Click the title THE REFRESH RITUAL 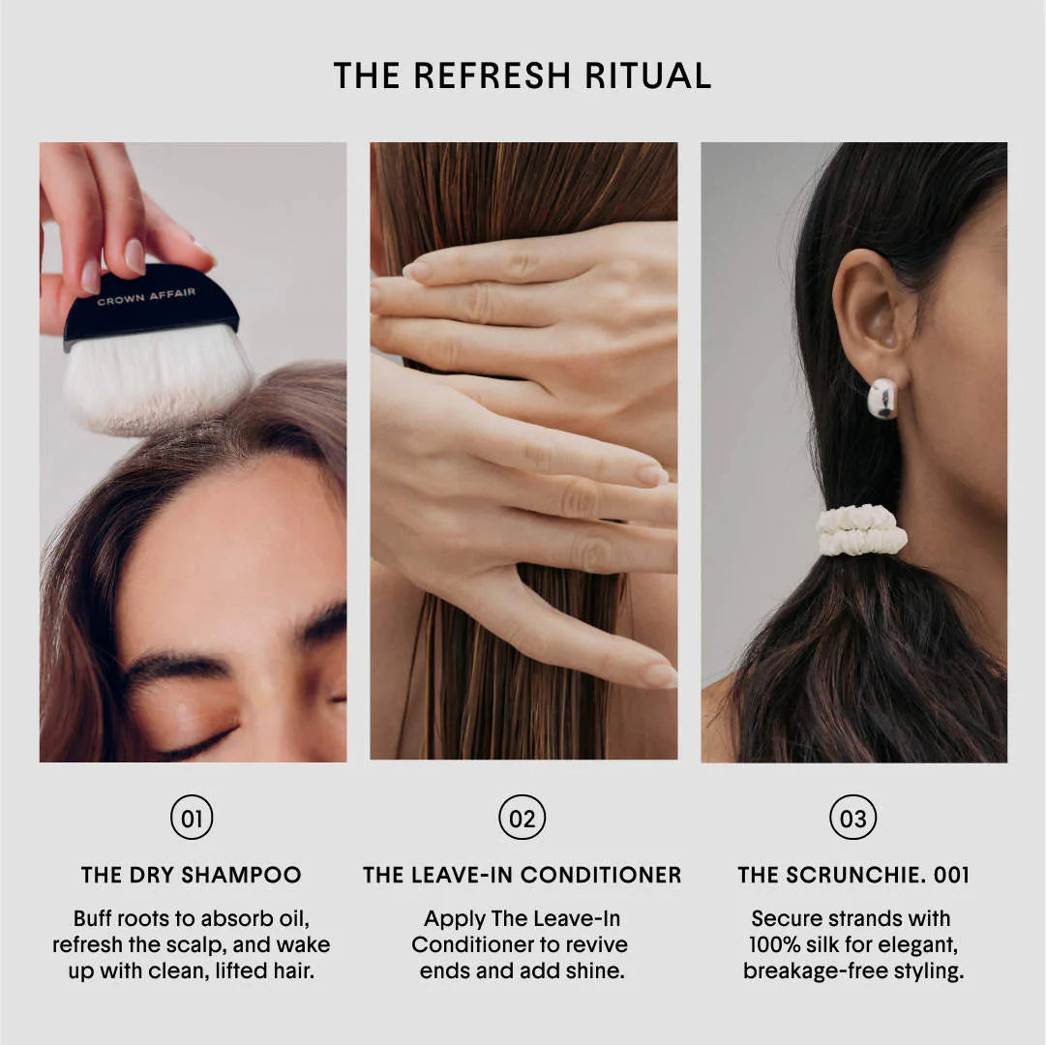tap(523, 75)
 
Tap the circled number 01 tap(192, 819)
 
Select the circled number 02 tap(523, 819)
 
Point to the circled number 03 tap(853, 819)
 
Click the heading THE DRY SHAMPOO tap(192, 876)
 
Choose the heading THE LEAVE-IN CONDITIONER tap(523, 876)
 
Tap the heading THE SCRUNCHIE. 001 tap(853, 876)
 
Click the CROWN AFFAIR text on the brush tap(146, 294)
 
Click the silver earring tap(882, 398)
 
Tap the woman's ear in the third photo tap(871, 310)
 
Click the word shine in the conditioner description tap(594, 970)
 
